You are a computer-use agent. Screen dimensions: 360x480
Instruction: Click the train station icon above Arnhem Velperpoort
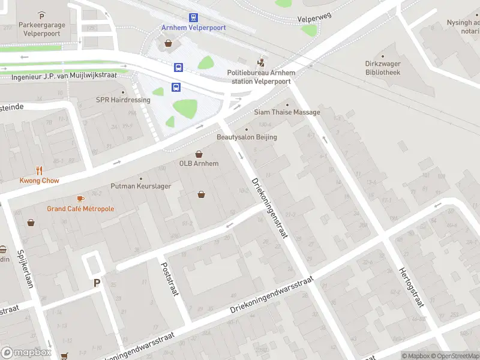pos(193,18)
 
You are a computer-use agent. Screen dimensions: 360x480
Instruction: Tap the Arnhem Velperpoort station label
pos(193,28)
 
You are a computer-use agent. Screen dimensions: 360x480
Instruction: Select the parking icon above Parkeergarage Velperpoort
pos(41,15)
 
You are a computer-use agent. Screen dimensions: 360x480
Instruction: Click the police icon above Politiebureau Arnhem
pos(260,61)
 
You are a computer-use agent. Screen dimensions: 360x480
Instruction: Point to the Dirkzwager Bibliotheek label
pos(391,68)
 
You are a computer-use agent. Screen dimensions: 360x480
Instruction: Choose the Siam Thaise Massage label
pos(287,112)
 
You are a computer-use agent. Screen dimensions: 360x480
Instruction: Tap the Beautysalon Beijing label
pos(247,137)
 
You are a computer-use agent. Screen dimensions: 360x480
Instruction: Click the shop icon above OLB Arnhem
pos(199,154)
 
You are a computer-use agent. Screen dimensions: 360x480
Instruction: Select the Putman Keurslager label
pos(141,186)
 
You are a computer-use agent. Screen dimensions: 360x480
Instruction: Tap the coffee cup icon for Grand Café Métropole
pos(80,199)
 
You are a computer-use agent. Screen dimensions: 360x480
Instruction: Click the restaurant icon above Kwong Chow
pos(40,170)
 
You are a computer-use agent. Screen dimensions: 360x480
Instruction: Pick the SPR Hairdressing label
pos(123,100)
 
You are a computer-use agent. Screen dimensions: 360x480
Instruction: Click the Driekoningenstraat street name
pos(269,207)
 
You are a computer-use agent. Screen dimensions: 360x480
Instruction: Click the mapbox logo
pos(26,353)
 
